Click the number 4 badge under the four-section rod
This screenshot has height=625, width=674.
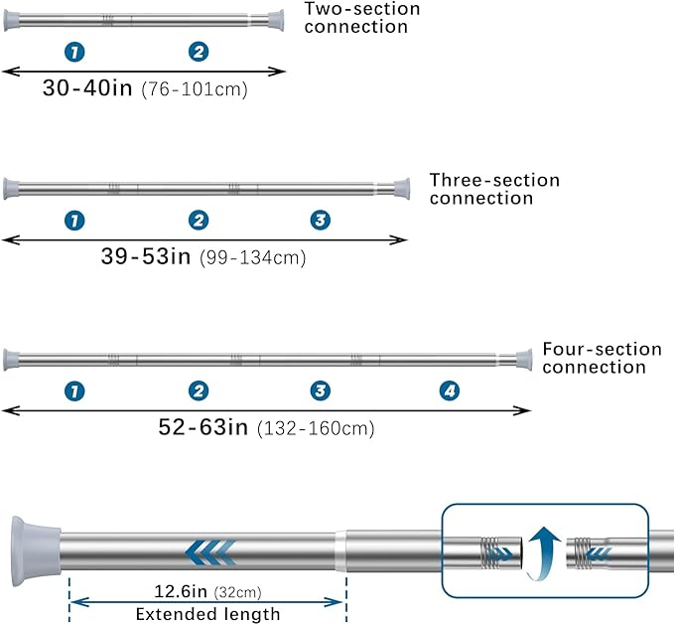[x=450, y=391]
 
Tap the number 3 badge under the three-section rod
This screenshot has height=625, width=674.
[x=321, y=220]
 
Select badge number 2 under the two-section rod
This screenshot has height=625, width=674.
[x=199, y=52]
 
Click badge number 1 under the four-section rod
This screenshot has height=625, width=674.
[x=74, y=391]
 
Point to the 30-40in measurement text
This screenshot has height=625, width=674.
[x=87, y=87]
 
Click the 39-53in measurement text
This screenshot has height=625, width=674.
[x=146, y=256]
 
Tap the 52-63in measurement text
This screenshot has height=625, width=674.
[x=203, y=427]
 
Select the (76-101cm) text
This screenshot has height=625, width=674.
[x=195, y=89]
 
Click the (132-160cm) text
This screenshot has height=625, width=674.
[x=316, y=429]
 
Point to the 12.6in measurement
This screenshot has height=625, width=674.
[x=181, y=591]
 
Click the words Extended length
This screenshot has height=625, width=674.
[x=207, y=614]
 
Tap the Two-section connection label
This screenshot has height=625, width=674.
[x=362, y=18]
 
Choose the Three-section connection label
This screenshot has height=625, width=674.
[x=494, y=189]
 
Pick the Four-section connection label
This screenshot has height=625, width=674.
[x=602, y=358]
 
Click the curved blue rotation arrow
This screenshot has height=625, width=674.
[x=542, y=552]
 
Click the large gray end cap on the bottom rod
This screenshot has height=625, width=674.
[x=36, y=551]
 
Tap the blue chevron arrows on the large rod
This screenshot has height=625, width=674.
[x=210, y=552]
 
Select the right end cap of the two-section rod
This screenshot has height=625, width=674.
[x=276, y=20]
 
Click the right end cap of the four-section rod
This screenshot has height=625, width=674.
[x=523, y=360]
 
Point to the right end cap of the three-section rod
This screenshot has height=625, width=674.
[x=401, y=189]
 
